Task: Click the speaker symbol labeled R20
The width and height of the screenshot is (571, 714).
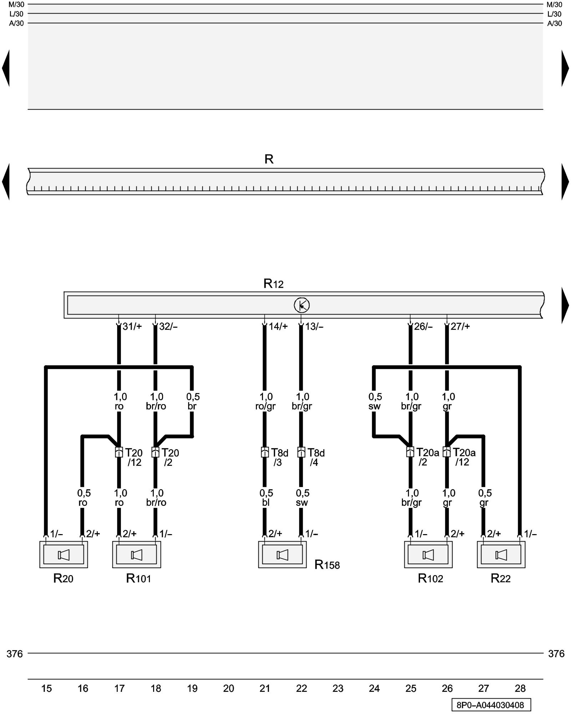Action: tap(64, 555)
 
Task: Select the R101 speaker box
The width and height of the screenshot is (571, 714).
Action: tap(136, 555)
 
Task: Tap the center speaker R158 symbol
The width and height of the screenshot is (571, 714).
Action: tap(282, 555)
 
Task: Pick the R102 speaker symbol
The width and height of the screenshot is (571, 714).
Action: tap(428, 555)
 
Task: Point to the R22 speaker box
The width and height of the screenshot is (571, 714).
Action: tap(501, 555)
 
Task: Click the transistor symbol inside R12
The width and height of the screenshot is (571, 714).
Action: tap(302, 305)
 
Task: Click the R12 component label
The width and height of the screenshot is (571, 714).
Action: tap(273, 283)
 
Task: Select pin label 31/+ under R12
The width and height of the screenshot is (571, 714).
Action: tap(132, 326)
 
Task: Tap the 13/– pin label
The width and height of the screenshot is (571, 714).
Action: tap(314, 326)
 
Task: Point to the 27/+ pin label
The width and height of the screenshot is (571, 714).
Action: tap(460, 326)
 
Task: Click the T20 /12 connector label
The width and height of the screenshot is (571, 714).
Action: tap(134, 457)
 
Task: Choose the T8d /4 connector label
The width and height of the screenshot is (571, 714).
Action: tap(316, 457)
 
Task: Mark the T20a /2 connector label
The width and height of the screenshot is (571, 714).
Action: tap(427, 457)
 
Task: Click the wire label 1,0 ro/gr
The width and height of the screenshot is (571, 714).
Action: tap(266, 401)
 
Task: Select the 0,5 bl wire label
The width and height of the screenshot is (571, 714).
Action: tap(266, 498)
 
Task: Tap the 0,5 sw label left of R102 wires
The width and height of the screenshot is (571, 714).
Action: tap(375, 401)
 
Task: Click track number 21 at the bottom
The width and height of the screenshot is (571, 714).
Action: tap(265, 688)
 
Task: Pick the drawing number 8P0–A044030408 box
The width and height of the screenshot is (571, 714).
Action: tap(491, 705)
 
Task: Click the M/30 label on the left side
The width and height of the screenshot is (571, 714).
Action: tap(16, 5)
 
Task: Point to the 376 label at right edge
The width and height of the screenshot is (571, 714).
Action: tap(556, 654)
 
